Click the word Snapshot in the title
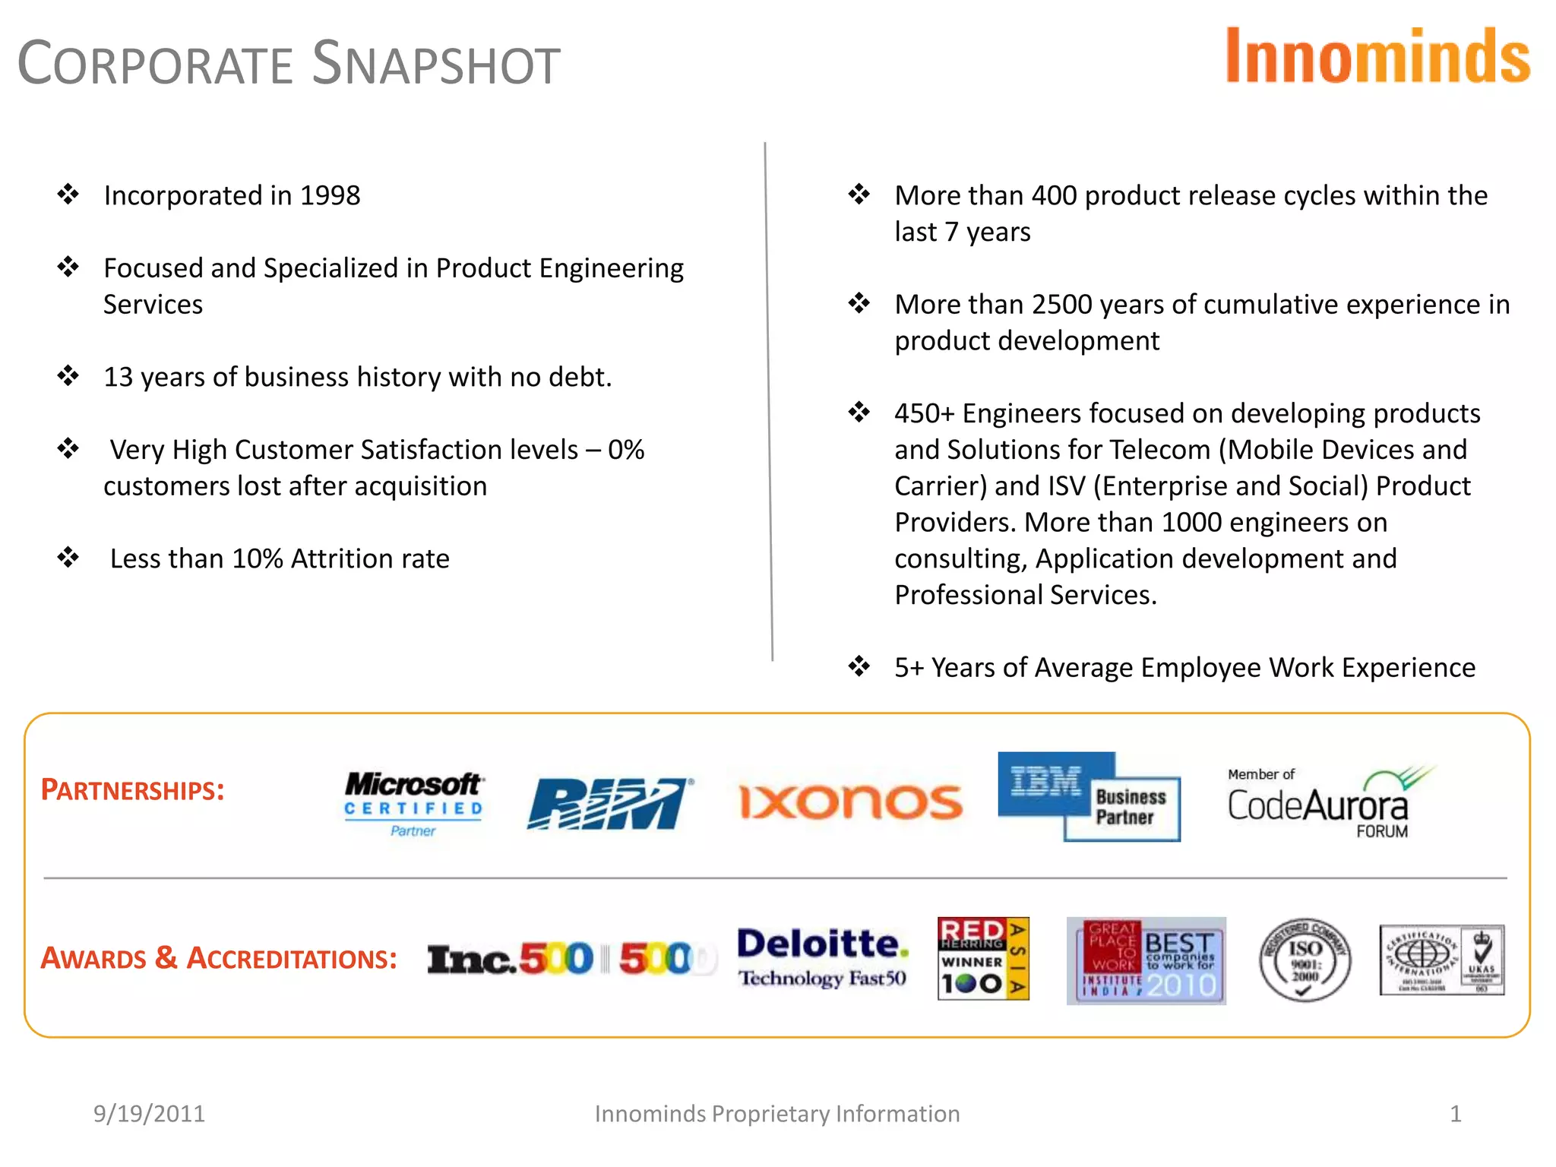pyautogui.click(x=436, y=64)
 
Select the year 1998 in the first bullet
pyautogui.click(x=330, y=196)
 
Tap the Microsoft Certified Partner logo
pyautogui.click(x=413, y=803)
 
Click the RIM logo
pyautogui.click(x=609, y=803)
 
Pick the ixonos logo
pyautogui.click(x=851, y=802)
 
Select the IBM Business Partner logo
pyautogui.click(x=1088, y=796)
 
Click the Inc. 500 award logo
pyautogui.click(x=570, y=959)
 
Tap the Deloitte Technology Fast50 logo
pyautogui.click(x=822, y=957)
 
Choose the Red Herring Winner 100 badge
pyautogui.click(x=983, y=958)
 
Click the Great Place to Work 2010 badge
pyautogui.click(x=1146, y=960)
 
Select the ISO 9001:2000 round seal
pyautogui.click(x=1305, y=960)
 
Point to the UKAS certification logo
pyautogui.click(x=1441, y=960)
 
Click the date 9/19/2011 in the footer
pyautogui.click(x=149, y=1114)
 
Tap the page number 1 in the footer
pyautogui.click(x=1455, y=1114)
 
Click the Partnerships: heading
pyautogui.click(x=132, y=790)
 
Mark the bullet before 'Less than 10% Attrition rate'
pyautogui.click(x=68, y=558)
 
